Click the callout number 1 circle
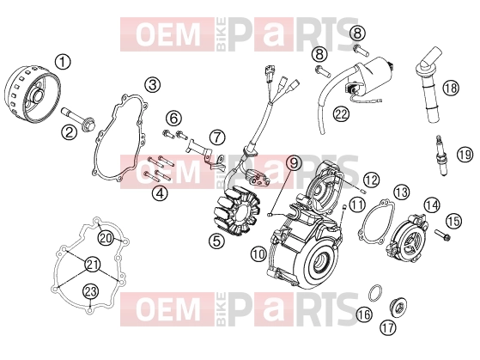(x=63, y=62)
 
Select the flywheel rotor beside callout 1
(x=33, y=95)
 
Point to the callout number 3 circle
(x=153, y=84)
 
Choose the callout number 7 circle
(x=217, y=137)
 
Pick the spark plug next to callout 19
(x=441, y=156)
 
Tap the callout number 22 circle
(x=341, y=114)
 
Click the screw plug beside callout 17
(x=397, y=307)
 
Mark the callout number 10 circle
(x=258, y=254)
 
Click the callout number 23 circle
(x=91, y=290)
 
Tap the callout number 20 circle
(x=106, y=237)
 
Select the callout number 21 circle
(x=92, y=265)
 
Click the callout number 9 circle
(x=294, y=163)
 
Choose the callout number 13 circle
(x=401, y=192)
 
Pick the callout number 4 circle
(x=160, y=193)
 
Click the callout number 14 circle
(x=432, y=204)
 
